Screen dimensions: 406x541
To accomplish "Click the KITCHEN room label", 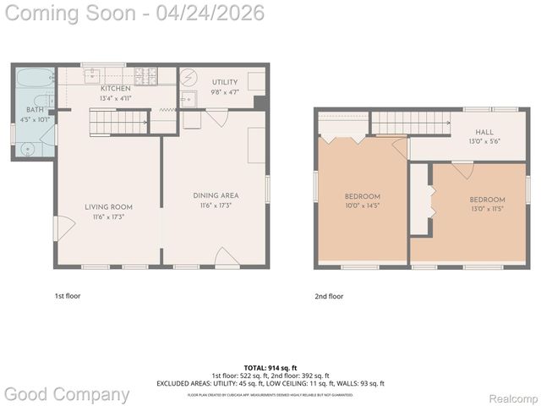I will pyautogui.click(x=115, y=89).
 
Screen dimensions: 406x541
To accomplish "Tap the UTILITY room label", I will pyautogui.click(x=225, y=82).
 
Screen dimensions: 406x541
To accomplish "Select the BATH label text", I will pyautogui.click(x=35, y=110).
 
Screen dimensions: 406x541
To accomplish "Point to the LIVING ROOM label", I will pyautogui.click(x=108, y=207).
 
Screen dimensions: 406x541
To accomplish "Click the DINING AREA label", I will pyautogui.click(x=215, y=195).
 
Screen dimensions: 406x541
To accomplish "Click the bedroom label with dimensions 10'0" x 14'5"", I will pyautogui.click(x=362, y=195).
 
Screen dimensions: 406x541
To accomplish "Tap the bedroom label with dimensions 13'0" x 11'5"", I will pyautogui.click(x=487, y=200).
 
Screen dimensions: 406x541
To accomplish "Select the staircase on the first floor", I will pyautogui.click(x=119, y=125).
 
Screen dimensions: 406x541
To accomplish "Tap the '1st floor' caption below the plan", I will pyautogui.click(x=68, y=296).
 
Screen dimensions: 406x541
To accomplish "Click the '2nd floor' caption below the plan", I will pyautogui.click(x=329, y=296).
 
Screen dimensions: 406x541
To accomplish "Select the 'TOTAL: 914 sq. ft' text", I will pyautogui.click(x=270, y=368).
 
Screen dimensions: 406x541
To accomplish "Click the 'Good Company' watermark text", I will pyautogui.click(x=68, y=393).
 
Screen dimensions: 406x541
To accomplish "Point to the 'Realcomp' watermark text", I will pyautogui.click(x=514, y=398).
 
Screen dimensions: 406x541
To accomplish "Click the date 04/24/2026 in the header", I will pyautogui.click(x=216, y=13).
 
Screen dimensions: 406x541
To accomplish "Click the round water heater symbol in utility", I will pyautogui.click(x=189, y=75).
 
